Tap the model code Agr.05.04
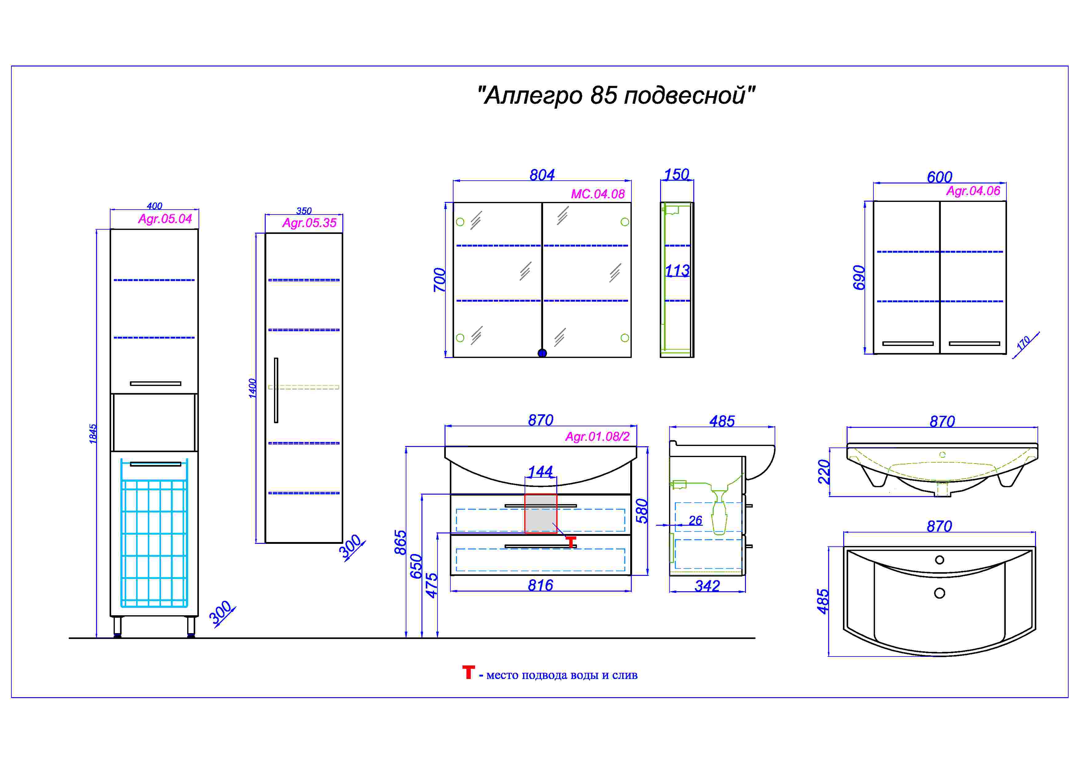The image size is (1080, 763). (165, 219)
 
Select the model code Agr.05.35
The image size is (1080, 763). (309, 223)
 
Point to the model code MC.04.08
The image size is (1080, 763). (598, 194)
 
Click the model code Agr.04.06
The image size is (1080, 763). (973, 191)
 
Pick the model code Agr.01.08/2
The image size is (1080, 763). (597, 437)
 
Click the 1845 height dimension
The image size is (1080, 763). (93, 433)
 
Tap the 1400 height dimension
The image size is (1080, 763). (252, 388)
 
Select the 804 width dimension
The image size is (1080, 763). (542, 175)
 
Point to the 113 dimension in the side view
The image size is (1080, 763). (677, 271)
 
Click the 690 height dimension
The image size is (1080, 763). (859, 278)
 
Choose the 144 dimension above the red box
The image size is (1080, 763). (541, 472)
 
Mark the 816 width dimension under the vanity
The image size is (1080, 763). (541, 585)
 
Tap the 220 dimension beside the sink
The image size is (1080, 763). (824, 472)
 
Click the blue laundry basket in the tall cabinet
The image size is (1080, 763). (154, 533)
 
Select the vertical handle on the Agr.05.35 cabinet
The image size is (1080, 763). (276, 390)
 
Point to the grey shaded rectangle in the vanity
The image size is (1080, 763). (541, 513)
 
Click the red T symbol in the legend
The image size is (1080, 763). (469, 672)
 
